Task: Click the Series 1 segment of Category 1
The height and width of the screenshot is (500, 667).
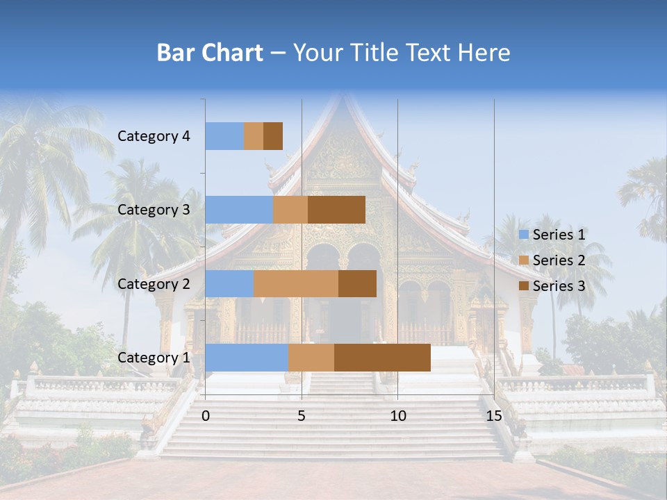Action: tap(247, 358)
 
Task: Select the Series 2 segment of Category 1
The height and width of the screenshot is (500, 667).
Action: tap(311, 358)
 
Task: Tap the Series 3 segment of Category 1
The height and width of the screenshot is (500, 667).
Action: tap(382, 358)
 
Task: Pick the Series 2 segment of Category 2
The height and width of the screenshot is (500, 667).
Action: tap(296, 283)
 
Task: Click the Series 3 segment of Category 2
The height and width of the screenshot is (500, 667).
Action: tap(357, 283)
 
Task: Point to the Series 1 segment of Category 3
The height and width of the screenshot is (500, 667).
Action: tap(239, 210)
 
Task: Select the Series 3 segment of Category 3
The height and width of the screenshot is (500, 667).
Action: tap(336, 210)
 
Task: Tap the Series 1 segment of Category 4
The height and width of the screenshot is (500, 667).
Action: tap(224, 136)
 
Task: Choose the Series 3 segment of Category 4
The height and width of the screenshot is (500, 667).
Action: tap(273, 136)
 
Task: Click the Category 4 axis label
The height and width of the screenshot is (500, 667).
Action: tap(154, 136)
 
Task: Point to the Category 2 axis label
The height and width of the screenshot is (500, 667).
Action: tap(154, 283)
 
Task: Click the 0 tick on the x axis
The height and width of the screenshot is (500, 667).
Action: tap(206, 416)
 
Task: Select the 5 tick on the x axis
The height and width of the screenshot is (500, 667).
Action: tap(302, 416)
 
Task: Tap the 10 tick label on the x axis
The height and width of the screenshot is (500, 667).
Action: tap(397, 416)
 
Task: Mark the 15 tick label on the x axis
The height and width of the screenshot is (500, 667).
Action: tap(493, 416)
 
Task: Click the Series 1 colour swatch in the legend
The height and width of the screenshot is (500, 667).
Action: tap(523, 235)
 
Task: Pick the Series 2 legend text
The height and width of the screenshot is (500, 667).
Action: tap(559, 260)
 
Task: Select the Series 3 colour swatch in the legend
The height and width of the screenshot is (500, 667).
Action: tap(523, 286)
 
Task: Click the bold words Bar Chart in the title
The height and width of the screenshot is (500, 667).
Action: tap(210, 53)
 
